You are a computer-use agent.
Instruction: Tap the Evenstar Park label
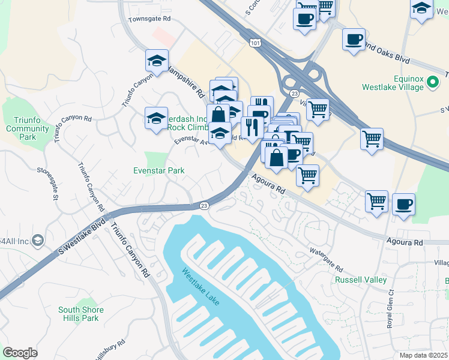click(158, 170)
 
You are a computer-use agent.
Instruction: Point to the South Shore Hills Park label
click(81, 314)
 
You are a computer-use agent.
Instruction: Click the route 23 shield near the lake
click(204, 205)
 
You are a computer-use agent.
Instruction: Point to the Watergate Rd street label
click(326, 259)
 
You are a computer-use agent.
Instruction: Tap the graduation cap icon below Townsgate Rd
click(157, 61)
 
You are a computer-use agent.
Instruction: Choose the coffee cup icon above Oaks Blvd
click(354, 40)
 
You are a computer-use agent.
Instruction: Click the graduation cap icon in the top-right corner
click(422, 9)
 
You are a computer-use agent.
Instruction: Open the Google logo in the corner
click(20, 353)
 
